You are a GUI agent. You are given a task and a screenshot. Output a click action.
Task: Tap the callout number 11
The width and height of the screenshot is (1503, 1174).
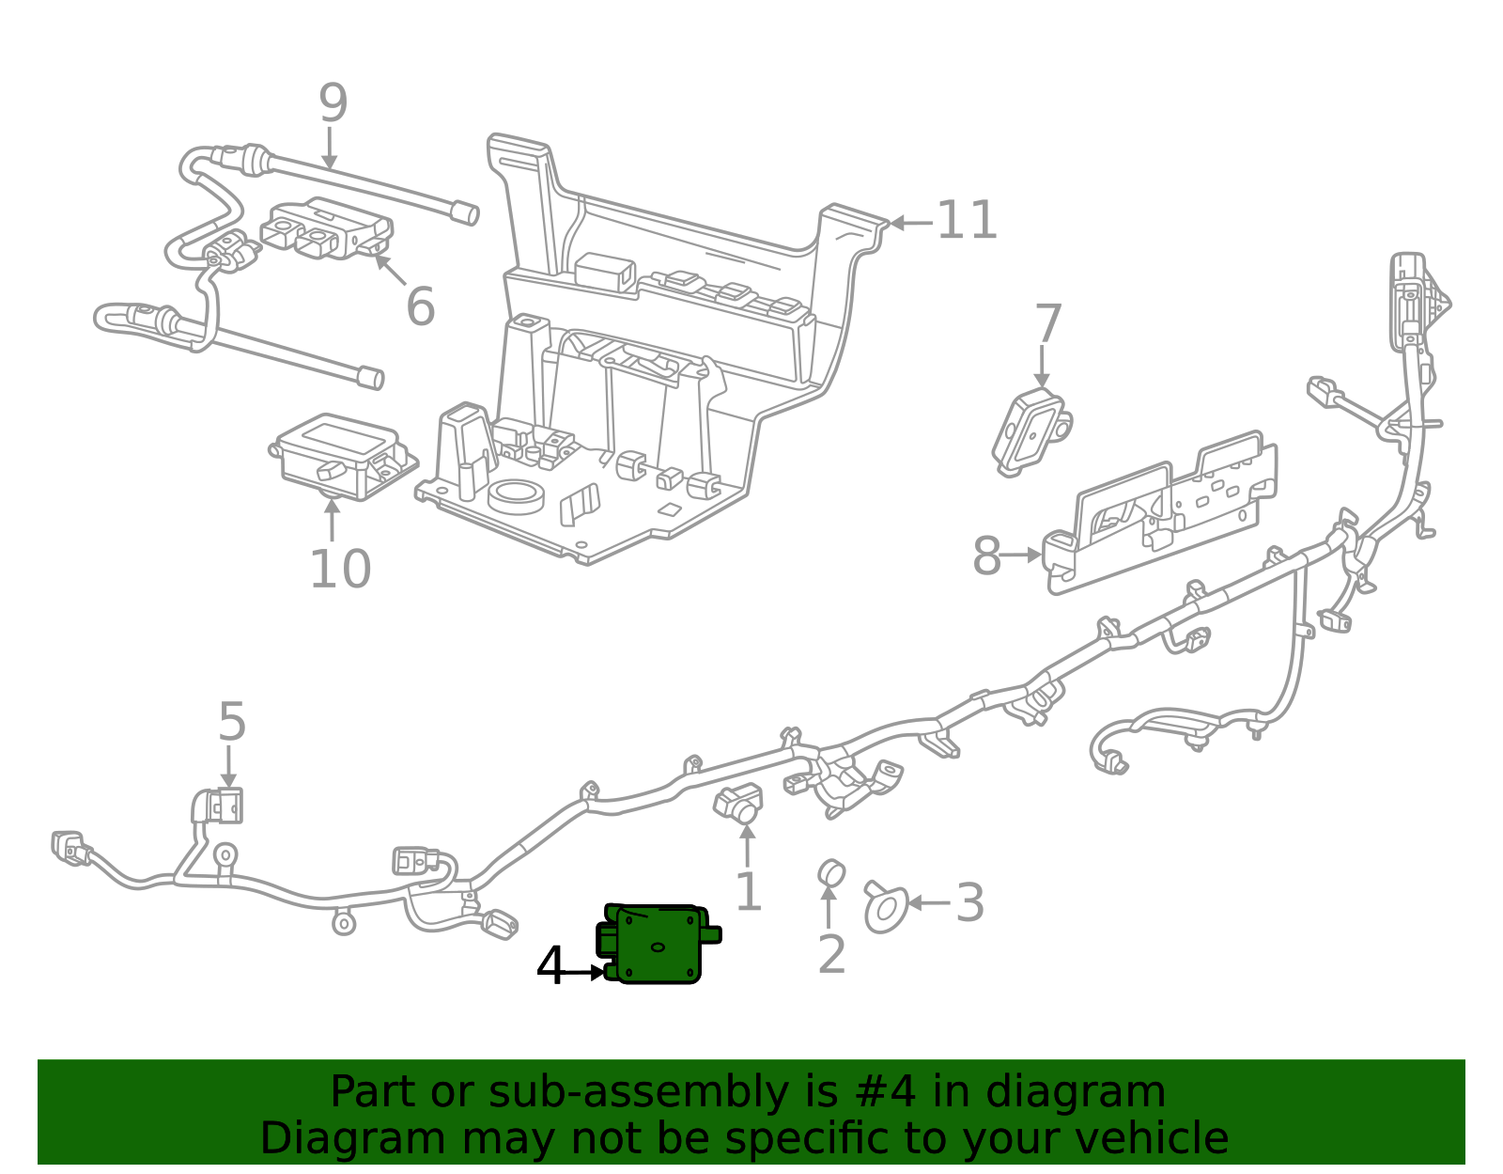coord(967,221)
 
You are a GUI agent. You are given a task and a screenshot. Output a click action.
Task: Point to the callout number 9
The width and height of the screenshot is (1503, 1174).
coord(333,103)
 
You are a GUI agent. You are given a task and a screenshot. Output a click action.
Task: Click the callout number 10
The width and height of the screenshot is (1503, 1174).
coord(340,569)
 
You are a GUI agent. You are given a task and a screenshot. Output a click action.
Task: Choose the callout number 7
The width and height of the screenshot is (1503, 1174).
coord(1047,324)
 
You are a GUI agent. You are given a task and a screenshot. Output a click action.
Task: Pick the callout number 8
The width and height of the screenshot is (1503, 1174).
coord(986,556)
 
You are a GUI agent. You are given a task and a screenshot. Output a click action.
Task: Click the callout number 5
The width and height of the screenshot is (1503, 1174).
coord(231,722)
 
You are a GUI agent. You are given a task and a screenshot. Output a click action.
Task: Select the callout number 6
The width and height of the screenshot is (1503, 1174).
coord(420,306)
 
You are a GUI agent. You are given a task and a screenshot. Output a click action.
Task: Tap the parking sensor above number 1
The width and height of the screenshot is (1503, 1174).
coord(738,801)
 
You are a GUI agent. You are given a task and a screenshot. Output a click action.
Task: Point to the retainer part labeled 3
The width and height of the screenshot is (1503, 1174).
coord(884,906)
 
